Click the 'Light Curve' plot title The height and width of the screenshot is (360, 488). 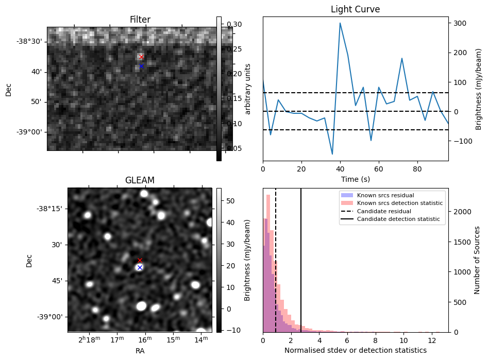[355, 9]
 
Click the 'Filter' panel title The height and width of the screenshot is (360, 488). [140, 20]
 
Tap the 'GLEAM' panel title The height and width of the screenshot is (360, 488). [140, 180]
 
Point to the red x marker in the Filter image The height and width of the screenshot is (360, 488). [141, 57]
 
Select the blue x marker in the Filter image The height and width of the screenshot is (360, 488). [141, 66]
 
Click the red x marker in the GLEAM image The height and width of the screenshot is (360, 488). [140, 260]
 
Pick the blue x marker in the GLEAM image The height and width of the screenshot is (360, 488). [140, 267]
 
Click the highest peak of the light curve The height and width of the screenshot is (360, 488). [340, 23]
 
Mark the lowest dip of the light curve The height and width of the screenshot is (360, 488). [332, 153]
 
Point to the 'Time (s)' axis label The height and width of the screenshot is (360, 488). [355, 179]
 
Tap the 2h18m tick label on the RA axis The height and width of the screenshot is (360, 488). [90, 340]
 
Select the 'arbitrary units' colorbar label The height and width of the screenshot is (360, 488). [248, 89]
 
